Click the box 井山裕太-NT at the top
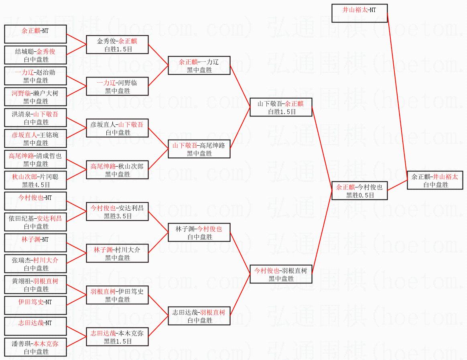359,13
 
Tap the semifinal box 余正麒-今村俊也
359,191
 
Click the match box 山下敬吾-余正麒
280,107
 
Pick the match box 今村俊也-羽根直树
280,274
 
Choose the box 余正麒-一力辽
199,65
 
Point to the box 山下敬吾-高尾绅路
199,149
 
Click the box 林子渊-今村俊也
199,232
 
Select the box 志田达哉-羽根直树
199,316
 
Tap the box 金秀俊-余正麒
117,45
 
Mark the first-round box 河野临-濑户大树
35,97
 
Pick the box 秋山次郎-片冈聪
35,180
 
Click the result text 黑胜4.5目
36,185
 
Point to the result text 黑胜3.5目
118,216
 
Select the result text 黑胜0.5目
360,195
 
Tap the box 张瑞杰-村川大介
35,264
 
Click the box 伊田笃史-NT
35,305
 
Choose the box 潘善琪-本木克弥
35,347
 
